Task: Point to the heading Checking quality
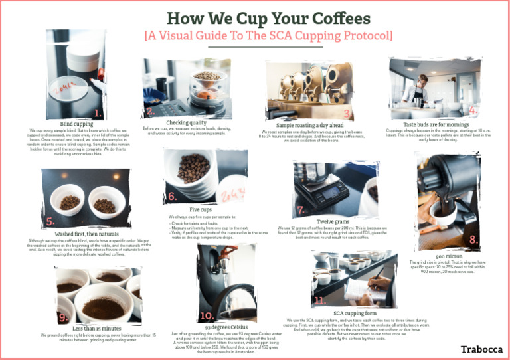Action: [x=186, y=123]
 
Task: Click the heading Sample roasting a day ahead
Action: [x=309, y=125]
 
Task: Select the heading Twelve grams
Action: [x=333, y=221]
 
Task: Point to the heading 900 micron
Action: [x=450, y=256]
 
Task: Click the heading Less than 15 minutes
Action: [x=97, y=328]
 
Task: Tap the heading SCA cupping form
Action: [x=355, y=312]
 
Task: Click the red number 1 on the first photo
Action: [x=98, y=112]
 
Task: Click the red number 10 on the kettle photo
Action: [x=207, y=315]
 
